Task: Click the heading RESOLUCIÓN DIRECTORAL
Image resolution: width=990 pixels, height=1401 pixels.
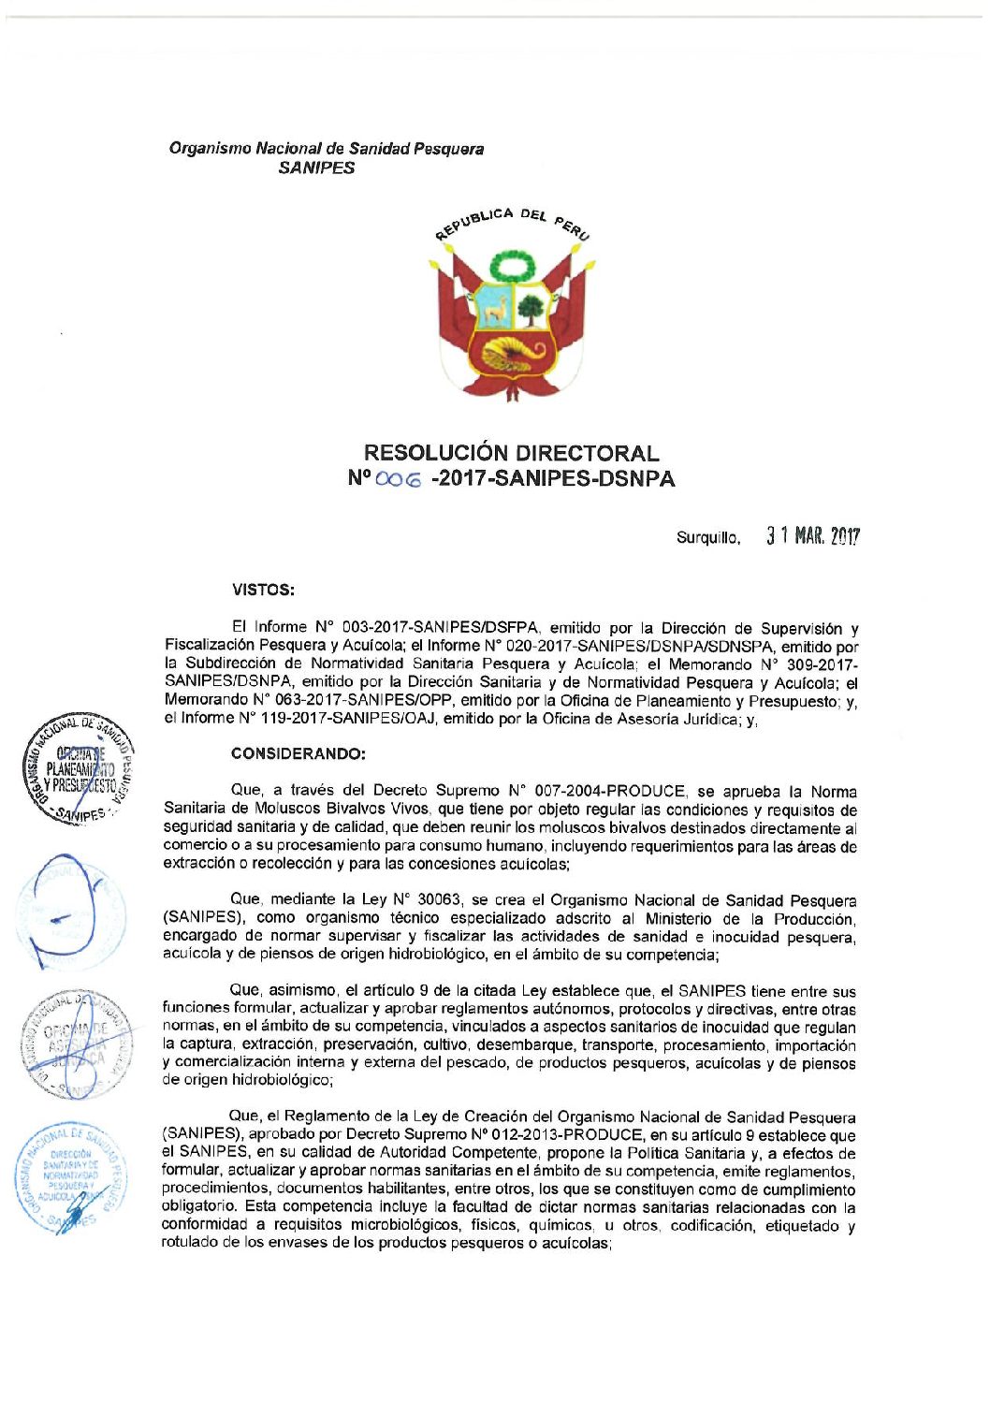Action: click(511, 453)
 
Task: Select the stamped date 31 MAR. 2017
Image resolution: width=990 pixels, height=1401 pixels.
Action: click(812, 536)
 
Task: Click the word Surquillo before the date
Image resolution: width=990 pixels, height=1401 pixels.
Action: click(708, 538)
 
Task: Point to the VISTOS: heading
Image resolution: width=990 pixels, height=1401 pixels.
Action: click(263, 590)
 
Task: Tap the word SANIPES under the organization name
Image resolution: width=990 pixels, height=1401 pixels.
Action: click(317, 168)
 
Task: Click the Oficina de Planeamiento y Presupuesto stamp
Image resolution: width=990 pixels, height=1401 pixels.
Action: click(79, 771)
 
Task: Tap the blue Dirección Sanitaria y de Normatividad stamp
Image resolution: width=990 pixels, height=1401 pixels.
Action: click(73, 1178)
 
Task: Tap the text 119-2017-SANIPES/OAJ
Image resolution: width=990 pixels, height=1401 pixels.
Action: click(353, 719)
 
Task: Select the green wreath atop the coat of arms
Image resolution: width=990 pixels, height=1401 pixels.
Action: click(512, 268)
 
